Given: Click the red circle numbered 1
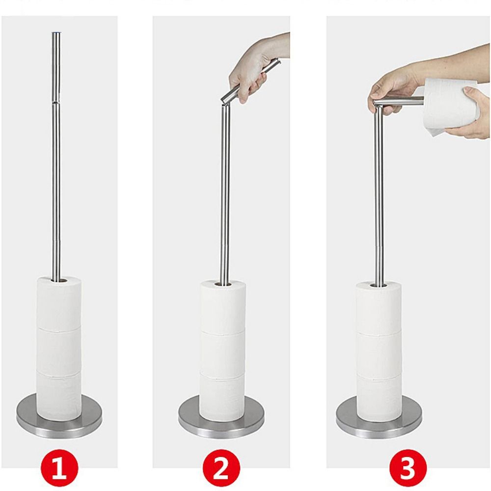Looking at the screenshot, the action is click(x=59, y=468).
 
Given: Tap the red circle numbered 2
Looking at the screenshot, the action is click(x=221, y=468).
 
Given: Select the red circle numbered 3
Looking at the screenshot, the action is click(x=408, y=468).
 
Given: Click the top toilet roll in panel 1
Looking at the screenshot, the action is click(x=59, y=302).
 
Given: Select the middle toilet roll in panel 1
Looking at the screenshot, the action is click(x=59, y=351).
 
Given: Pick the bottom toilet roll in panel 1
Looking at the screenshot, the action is click(x=59, y=395).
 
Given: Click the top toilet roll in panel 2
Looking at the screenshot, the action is click(x=223, y=306).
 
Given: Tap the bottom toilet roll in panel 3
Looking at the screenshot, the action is click(x=379, y=397).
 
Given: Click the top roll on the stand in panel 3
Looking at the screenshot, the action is click(x=379, y=307).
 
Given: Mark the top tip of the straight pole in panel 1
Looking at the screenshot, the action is click(x=56, y=32).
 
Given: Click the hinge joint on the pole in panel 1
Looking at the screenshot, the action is click(x=56, y=102).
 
